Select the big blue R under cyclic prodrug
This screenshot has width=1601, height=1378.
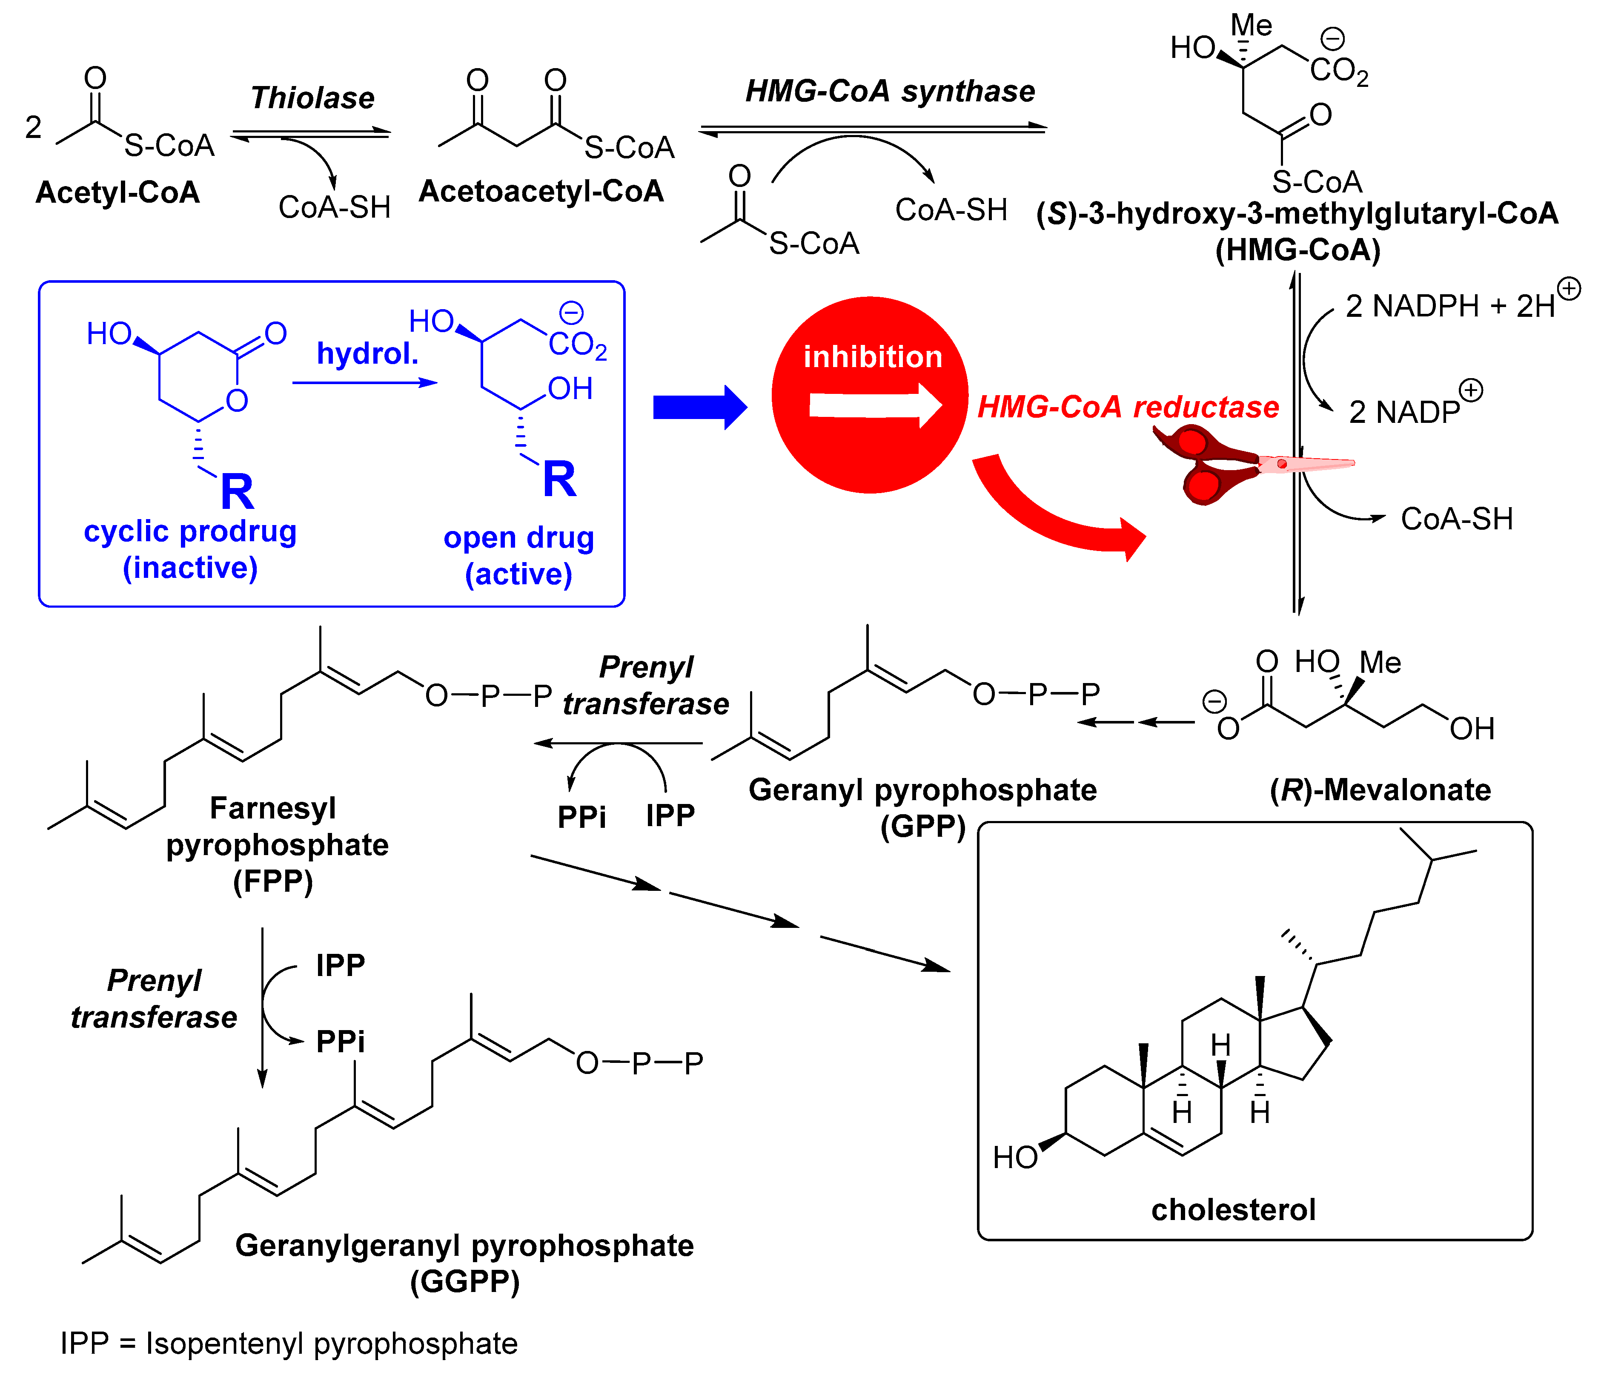coord(237,491)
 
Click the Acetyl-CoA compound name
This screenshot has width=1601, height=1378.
coord(117,192)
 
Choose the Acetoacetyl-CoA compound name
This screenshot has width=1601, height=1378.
coord(541,191)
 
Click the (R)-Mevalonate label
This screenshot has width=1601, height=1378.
coord(1380,790)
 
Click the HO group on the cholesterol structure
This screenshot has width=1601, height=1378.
coord(1014,1157)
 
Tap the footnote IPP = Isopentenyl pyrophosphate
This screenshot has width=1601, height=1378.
coord(289,1343)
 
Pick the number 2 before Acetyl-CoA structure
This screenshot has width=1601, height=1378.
coord(33,127)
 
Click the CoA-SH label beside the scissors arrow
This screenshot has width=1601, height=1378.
coord(1456,519)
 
